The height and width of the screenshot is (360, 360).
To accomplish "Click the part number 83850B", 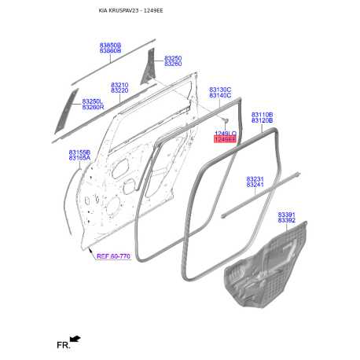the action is (x=110, y=46).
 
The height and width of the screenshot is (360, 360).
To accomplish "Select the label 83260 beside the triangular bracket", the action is (x=173, y=64).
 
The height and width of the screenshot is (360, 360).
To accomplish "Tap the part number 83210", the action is (x=119, y=85).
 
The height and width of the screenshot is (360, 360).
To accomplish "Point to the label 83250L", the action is (x=93, y=101).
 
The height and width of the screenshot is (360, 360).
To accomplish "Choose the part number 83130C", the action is (x=220, y=90).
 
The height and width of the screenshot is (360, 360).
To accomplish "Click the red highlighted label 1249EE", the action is (x=225, y=139).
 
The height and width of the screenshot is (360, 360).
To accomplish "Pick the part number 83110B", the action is (x=262, y=115).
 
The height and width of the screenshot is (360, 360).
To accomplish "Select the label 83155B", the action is (x=79, y=152).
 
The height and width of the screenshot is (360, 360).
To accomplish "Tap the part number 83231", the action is (x=255, y=179).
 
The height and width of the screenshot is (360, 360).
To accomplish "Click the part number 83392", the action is (x=287, y=220).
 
